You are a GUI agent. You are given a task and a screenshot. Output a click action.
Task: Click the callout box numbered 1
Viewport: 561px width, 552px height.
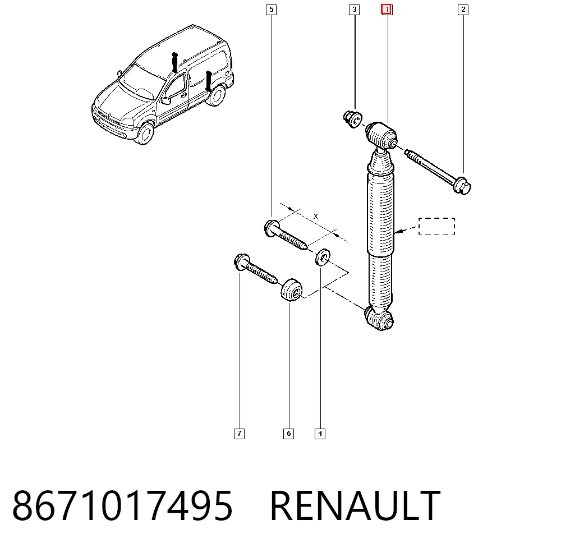point(387,10)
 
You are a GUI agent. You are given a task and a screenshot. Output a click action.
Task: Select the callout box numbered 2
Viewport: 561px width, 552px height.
point(463,10)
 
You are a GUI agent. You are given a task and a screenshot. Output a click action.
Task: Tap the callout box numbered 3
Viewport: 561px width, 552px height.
point(354,10)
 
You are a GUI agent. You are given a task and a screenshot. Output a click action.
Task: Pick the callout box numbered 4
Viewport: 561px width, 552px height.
point(320,434)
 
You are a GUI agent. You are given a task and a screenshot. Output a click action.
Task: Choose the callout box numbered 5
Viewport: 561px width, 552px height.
point(271,10)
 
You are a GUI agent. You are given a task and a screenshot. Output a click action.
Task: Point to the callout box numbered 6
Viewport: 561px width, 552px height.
point(288,434)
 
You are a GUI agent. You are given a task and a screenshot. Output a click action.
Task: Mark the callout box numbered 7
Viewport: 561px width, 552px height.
point(239,434)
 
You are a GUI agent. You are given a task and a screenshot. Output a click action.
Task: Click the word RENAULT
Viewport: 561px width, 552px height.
point(355,505)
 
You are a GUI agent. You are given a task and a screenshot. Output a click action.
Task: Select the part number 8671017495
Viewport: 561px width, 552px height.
point(122,505)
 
